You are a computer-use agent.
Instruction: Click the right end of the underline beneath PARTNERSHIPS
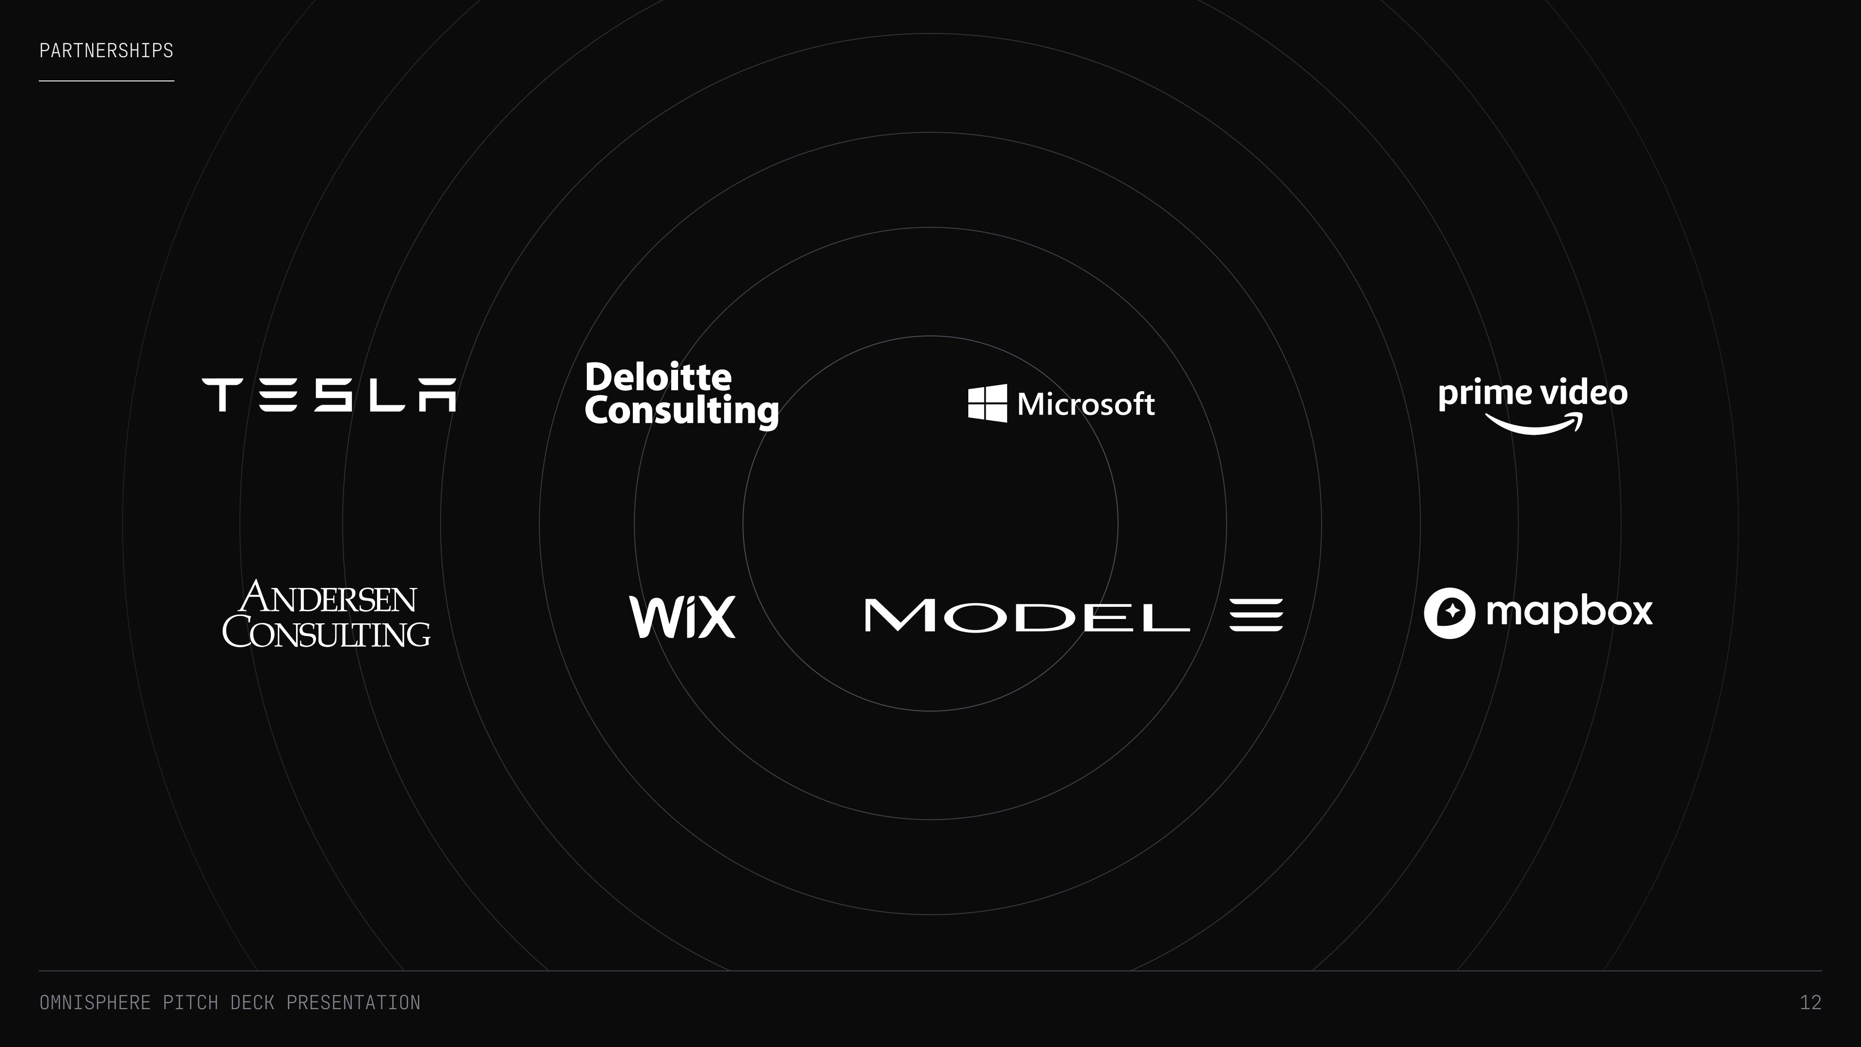(x=174, y=81)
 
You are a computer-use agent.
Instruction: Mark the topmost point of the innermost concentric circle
(x=930, y=336)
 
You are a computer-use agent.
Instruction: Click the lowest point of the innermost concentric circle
(x=930, y=711)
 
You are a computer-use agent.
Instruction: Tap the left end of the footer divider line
(x=39, y=970)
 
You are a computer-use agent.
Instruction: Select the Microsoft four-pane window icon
(x=988, y=403)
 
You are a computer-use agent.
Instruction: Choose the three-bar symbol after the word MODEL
(x=1256, y=615)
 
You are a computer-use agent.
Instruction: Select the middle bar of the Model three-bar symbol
(x=1256, y=615)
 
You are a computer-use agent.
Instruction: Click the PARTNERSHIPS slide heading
(x=106, y=50)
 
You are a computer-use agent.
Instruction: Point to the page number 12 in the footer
(x=1811, y=1002)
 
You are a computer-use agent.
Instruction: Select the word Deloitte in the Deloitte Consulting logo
(x=658, y=377)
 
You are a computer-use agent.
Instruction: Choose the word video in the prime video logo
(x=1584, y=394)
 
